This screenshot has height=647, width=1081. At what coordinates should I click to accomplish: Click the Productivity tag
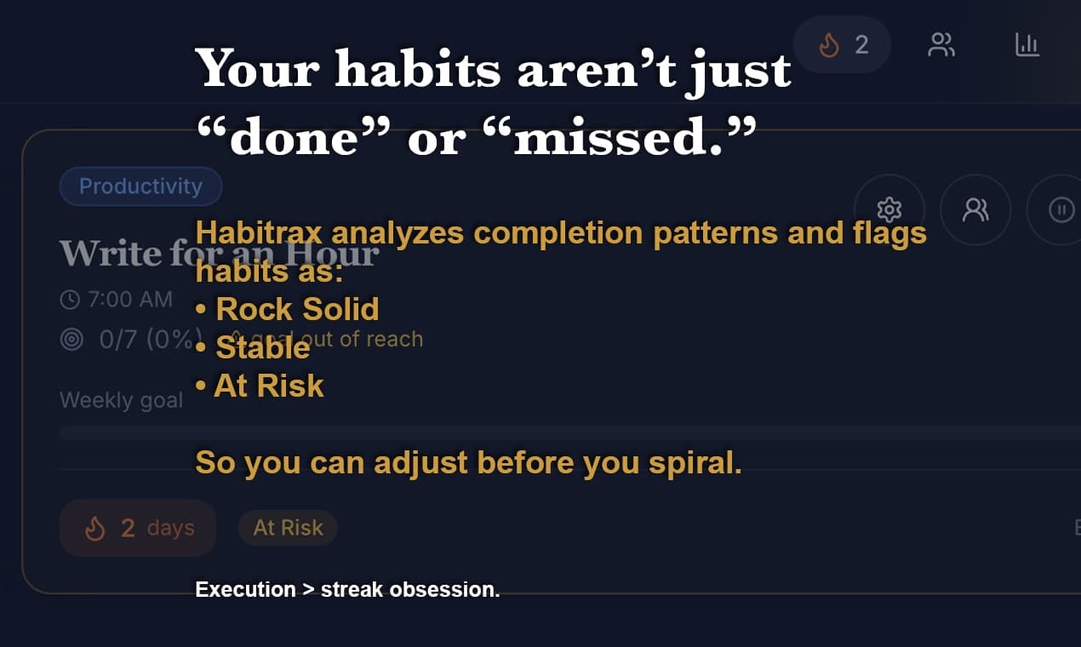pyautogui.click(x=140, y=186)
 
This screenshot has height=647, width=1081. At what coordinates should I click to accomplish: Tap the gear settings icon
pyautogui.click(x=889, y=209)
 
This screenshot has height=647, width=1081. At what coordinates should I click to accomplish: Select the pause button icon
pyautogui.click(x=1061, y=209)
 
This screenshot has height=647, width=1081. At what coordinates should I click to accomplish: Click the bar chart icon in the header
pyautogui.click(x=1027, y=44)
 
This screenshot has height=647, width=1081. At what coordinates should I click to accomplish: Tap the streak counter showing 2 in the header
pyautogui.click(x=842, y=44)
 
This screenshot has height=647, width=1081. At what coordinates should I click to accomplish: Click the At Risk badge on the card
pyautogui.click(x=288, y=528)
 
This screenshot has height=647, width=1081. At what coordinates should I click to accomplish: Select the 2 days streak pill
pyautogui.click(x=138, y=528)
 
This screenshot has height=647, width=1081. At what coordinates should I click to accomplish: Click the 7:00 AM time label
pyautogui.click(x=129, y=300)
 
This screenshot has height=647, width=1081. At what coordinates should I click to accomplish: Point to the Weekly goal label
pyautogui.click(x=121, y=400)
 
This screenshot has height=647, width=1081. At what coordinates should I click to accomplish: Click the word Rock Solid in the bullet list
pyautogui.click(x=297, y=309)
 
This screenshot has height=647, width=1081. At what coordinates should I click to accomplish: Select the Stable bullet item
pyautogui.click(x=262, y=347)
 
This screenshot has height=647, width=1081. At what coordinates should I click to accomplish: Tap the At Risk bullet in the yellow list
pyautogui.click(x=268, y=386)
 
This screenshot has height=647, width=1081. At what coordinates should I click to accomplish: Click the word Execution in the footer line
pyautogui.click(x=245, y=589)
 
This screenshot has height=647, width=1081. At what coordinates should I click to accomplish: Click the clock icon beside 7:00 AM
pyautogui.click(x=70, y=300)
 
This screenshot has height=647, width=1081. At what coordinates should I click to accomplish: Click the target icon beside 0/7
pyautogui.click(x=71, y=340)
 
